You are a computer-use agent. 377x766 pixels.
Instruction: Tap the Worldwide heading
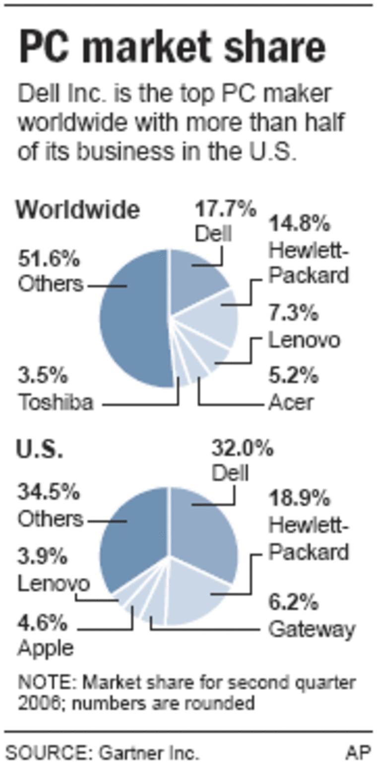78,210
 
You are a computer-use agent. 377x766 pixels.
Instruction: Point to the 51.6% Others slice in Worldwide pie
134,317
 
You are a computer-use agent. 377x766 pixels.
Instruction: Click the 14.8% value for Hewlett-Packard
300,224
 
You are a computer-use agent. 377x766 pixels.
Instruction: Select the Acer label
292,402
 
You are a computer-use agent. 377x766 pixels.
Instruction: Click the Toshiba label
56,402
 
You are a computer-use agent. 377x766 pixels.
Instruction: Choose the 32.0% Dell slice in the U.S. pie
203,526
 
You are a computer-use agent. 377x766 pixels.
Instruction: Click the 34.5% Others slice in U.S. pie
134,535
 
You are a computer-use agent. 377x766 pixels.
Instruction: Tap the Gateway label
312,630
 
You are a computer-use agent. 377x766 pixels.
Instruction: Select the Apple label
46,648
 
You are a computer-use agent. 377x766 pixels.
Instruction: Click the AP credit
358,753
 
